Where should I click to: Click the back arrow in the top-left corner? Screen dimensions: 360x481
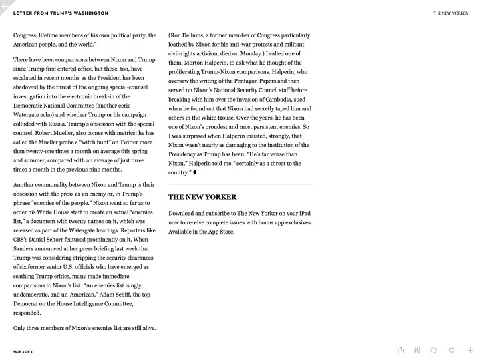(5, 5)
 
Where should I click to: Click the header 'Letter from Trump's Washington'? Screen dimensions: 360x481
(60, 13)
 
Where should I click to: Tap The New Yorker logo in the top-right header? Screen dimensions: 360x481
(450, 13)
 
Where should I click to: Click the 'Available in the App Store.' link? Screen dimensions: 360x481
(201, 232)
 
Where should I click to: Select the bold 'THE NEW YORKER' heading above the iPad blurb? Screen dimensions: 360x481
(202, 197)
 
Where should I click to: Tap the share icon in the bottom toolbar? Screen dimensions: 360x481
(401, 350)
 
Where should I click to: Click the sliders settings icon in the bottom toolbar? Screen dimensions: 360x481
(418, 350)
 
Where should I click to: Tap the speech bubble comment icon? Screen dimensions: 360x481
(434, 350)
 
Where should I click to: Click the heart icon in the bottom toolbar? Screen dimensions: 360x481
(452, 350)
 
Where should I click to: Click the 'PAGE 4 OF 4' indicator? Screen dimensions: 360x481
(27, 350)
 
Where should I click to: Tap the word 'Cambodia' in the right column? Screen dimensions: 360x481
(272, 98)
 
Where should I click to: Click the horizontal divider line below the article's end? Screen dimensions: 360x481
(239, 184)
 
